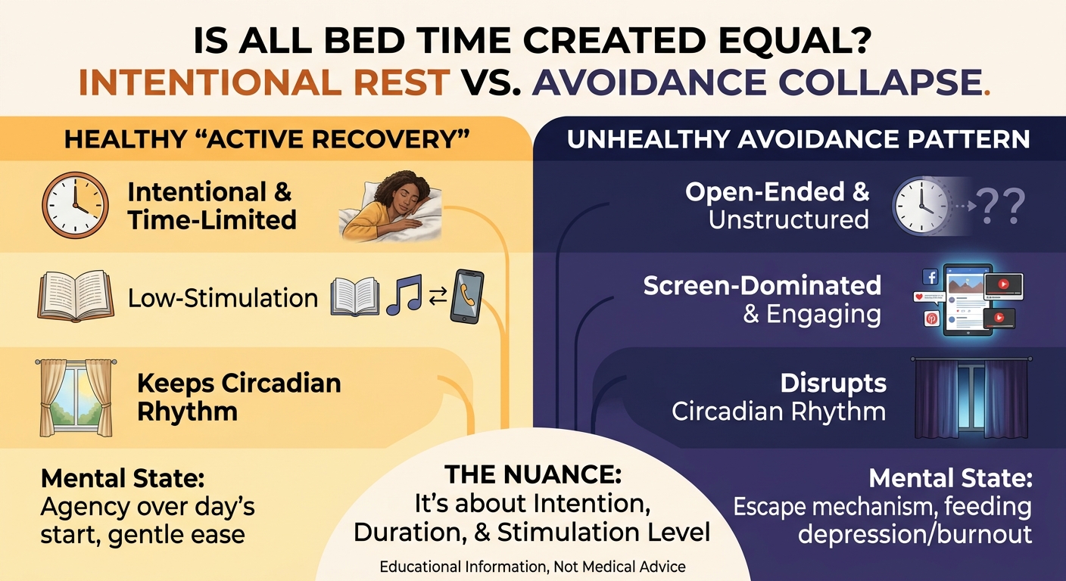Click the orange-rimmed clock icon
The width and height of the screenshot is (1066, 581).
point(75,205)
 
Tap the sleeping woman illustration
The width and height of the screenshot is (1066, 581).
point(390,206)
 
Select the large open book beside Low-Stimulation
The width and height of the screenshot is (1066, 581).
point(76,296)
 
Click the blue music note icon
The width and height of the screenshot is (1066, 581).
point(404,295)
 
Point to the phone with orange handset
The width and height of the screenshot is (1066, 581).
point(467,297)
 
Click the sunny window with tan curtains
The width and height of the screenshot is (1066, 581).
point(76,397)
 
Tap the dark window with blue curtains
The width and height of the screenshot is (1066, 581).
point(971,397)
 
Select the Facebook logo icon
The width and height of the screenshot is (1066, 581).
point(930,277)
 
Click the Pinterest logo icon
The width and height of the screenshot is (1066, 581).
point(931,318)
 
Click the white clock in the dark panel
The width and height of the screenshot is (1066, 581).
point(920,206)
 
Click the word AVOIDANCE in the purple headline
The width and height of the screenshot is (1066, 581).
point(650,82)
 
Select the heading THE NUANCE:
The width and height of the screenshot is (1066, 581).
point(533,474)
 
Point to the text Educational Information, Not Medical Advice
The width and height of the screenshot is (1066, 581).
point(532,567)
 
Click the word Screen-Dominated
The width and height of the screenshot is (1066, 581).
point(762,285)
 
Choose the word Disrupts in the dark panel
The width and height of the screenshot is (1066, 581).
point(834,384)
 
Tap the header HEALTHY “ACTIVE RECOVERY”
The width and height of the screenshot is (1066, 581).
point(267,140)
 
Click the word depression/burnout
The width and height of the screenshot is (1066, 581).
point(915,534)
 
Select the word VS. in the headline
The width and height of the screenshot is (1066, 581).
point(490,82)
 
